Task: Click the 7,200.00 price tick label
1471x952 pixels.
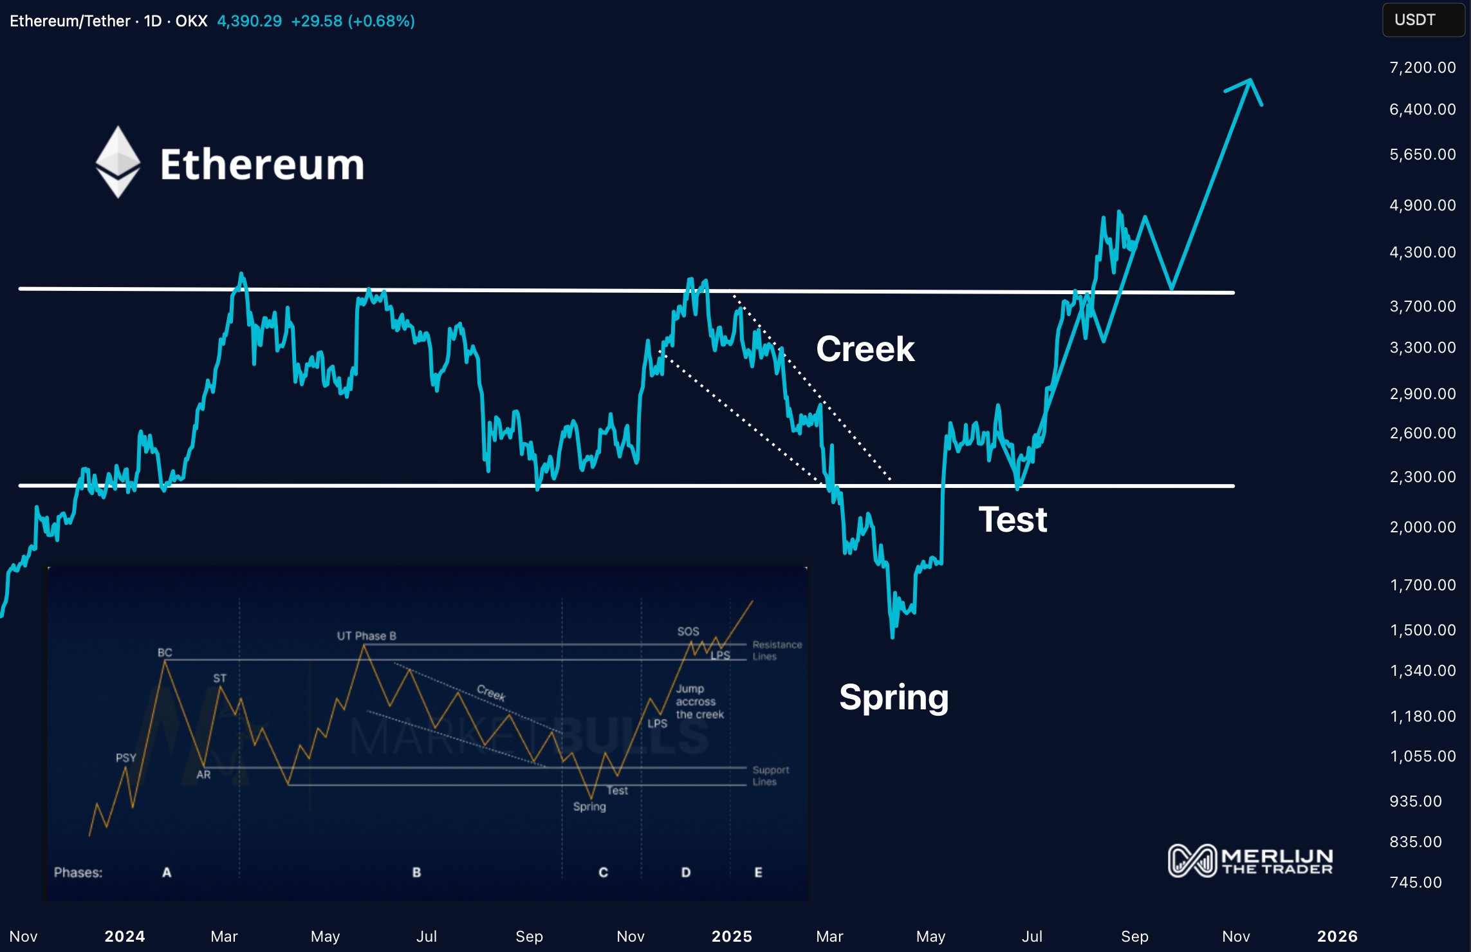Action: (1422, 68)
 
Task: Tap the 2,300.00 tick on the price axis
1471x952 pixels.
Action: (1422, 477)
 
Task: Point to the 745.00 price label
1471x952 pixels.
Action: (1415, 882)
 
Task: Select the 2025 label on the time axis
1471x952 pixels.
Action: (732, 937)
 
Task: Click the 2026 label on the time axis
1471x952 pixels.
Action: (1337, 937)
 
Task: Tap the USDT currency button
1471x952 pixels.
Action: (1423, 20)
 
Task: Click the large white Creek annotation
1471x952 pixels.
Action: (865, 350)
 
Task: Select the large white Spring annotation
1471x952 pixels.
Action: (894, 698)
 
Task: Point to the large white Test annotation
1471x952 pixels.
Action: (1013, 519)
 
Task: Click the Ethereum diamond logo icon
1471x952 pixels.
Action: (118, 162)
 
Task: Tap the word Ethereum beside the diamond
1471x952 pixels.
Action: (262, 165)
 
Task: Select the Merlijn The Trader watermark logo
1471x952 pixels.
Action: (1250, 861)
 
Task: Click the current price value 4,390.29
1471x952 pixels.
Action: (249, 21)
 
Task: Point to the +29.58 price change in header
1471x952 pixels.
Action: (317, 21)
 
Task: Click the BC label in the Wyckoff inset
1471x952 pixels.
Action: (165, 653)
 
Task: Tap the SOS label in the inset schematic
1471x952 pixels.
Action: (688, 631)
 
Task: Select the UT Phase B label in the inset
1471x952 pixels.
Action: (366, 636)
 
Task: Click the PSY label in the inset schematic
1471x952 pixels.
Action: (125, 758)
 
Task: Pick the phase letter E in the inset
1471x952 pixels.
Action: (758, 873)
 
